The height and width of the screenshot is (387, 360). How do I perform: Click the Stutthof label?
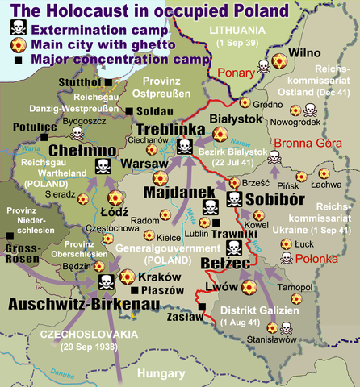click(79, 81)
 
